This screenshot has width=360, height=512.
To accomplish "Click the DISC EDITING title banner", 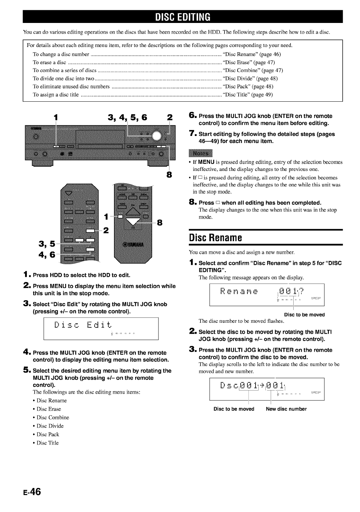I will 183,17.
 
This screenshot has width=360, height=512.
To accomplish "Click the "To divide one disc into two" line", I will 64,78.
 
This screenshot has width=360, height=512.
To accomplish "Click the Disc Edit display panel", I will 101,328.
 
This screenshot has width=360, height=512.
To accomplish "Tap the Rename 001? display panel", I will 266,294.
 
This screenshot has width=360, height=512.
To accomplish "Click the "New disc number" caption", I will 286,409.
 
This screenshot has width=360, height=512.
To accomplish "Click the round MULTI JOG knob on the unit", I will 157,136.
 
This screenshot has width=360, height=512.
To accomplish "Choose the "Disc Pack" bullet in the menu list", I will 48,434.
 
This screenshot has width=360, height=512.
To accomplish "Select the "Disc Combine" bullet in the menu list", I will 53,417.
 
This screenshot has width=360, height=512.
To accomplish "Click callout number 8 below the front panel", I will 169,174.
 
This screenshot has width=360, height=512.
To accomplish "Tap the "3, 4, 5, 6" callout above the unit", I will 128,118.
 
